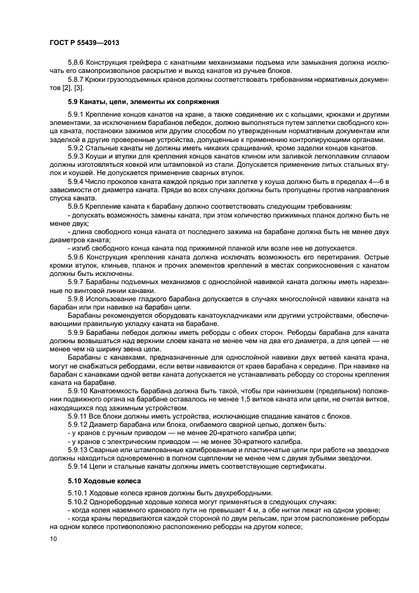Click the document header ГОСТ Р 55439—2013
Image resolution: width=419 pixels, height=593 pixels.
click(84, 42)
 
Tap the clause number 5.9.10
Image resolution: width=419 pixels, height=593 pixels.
click(79, 391)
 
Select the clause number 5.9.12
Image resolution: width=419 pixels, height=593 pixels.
click(79, 425)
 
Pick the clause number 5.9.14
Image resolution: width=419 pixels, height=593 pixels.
click(79, 467)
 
